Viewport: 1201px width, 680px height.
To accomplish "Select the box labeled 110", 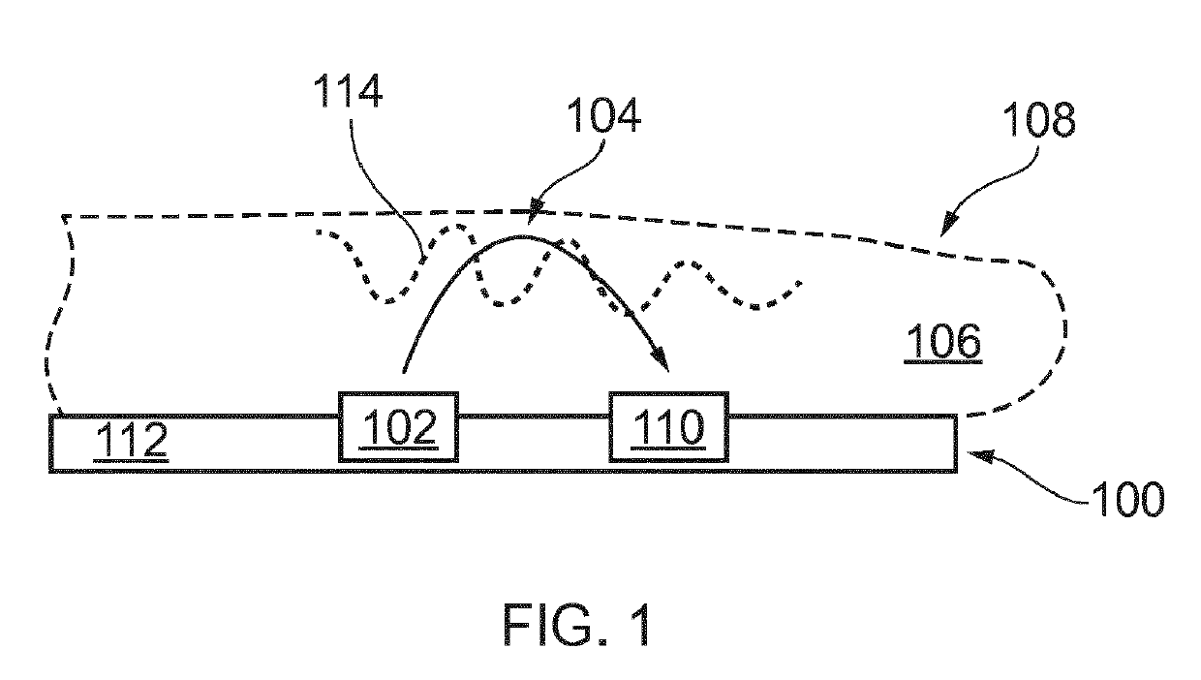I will pyautogui.click(x=668, y=426).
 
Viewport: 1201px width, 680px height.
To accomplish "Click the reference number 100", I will pyautogui.click(x=1127, y=500).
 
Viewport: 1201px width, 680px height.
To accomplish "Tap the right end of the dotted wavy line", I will pyautogui.click(x=800, y=283).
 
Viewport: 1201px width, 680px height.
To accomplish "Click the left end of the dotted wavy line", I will pyautogui.click(x=319, y=232).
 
